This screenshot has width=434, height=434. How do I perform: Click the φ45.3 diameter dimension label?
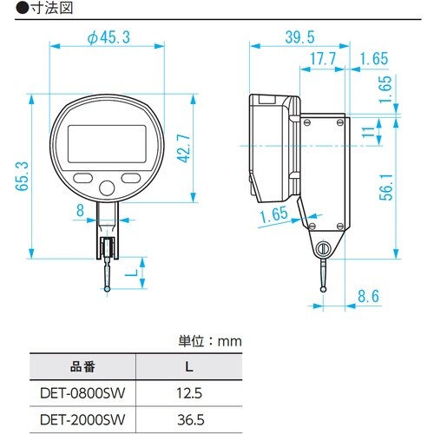[x=108, y=37]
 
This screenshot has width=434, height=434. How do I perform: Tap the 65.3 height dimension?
[x=23, y=176]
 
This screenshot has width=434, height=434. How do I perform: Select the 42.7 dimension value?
[x=184, y=148]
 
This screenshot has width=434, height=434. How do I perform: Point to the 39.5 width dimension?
[x=299, y=37]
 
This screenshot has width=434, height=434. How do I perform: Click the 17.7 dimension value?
[x=323, y=59]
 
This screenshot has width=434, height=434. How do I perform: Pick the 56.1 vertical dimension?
[x=386, y=187]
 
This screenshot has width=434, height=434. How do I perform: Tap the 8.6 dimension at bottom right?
[x=368, y=296]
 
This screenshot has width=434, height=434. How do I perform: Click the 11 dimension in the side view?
[x=368, y=132]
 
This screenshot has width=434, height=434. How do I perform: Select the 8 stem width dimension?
[x=80, y=210]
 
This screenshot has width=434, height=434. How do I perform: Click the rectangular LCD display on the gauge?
[x=107, y=144]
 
